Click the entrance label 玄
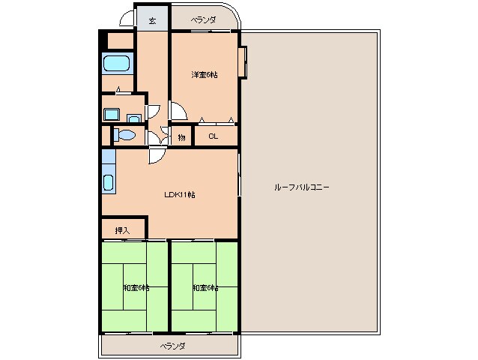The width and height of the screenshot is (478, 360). [x=152, y=20]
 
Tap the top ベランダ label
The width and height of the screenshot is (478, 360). [x=202, y=19]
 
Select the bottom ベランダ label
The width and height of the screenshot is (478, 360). [x=172, y=346]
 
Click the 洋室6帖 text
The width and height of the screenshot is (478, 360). [x=204, y=74]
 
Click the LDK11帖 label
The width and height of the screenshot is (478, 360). [x=180, y=194]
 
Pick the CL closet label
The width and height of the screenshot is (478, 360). [x=213, y=136]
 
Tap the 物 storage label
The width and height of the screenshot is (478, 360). [x=182, y=136]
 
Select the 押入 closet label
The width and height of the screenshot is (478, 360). [x=121, y=229]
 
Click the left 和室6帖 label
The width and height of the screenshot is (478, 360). [x=136, y=287]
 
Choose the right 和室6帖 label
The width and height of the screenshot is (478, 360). [x=205, y=287]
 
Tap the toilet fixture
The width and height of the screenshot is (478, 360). [x=125, y=136]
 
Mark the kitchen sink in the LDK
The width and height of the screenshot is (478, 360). [x=109, y=182]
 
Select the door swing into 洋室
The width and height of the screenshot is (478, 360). [x=178, y=111]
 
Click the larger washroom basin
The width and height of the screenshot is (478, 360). [x=112, y=114]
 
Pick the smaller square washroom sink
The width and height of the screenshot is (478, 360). [x=133, y=117]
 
